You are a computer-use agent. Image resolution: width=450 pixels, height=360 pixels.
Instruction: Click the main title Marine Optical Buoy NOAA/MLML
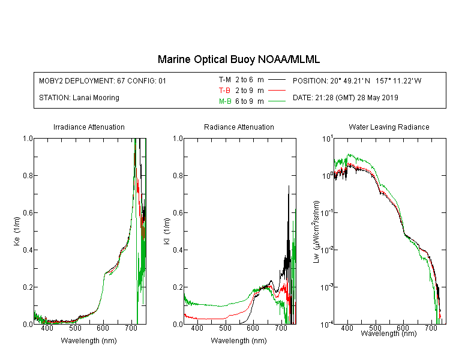pyautogui.click(x=238, y=59)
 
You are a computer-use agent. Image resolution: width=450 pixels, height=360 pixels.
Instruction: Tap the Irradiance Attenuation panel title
pyautogui.click(x=89, y=127)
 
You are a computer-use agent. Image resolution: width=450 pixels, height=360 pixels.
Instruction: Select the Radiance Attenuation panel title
pyautogui.click(x=239, y=127)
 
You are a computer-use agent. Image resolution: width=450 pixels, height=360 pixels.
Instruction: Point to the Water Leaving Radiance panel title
pyautogui.click(x=389, y=127)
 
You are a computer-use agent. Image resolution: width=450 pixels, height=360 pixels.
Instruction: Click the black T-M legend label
pyautogui.click(x=225, y=80)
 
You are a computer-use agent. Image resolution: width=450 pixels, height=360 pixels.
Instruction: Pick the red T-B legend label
pyautogui.click(x=225, y=91)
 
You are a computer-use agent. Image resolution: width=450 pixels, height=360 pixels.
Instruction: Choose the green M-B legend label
pyautogui.click(x=225, y=101)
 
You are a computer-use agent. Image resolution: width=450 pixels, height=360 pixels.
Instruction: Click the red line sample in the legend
pyautogui.click(x=277, y=91)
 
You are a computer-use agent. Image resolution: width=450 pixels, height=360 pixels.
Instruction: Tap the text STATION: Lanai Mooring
pyautogui.click(x=79, y=98)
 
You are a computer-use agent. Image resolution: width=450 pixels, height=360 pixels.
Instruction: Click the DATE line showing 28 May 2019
pyautogui.click(x=346, y=98)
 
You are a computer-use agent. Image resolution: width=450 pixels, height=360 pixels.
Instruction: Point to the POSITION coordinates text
pyautogui.click(x=357, y=80)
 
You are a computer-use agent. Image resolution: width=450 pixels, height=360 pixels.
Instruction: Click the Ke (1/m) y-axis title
pyautogui.click(x=17, y=231)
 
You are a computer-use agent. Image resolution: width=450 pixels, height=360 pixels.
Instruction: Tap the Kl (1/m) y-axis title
pyautogui.click(x=167, y=231)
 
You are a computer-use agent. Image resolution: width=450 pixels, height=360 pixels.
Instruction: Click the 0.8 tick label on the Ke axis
pyautogui.click(x=28, y=175)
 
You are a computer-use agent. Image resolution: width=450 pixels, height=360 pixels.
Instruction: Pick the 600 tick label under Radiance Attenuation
pyautogui.click(x=253, y=328)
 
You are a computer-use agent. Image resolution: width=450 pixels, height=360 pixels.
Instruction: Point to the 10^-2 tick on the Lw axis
pyautogui.click(x=326, y=250)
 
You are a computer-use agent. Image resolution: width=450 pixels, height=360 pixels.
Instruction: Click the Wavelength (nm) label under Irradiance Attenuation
pyautogui.click(x=89, y=341)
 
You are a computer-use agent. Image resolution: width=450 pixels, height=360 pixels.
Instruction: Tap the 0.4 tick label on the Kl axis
pyautogui.click(x=178, y=250)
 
